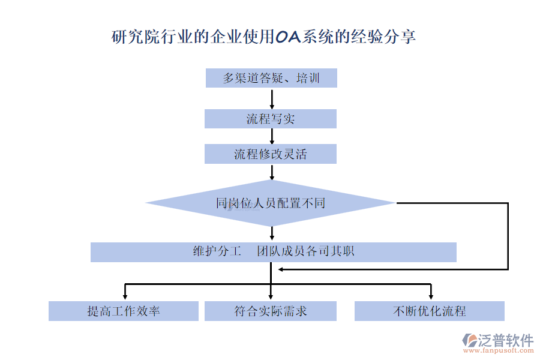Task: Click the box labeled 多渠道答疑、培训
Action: (271, 78)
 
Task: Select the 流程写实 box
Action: (271, 119)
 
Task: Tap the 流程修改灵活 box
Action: (271, 154)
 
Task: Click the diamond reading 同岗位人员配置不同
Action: (271, 203)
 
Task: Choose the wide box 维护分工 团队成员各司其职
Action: (273, 252)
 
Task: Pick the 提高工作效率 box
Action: (124, 311)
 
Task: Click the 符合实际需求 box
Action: (271, 311)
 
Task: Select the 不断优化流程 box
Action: (430, 311)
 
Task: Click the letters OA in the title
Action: (289, 37)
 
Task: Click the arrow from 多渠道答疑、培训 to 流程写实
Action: (272, 98)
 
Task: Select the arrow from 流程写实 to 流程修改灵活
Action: (272, 137)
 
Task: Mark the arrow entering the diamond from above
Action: (272, 172)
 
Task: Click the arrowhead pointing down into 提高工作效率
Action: (125, 295)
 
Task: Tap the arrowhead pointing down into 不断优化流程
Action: (431, 295)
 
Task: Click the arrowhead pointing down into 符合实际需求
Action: (271, 295)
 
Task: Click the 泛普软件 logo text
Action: (505, 340)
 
